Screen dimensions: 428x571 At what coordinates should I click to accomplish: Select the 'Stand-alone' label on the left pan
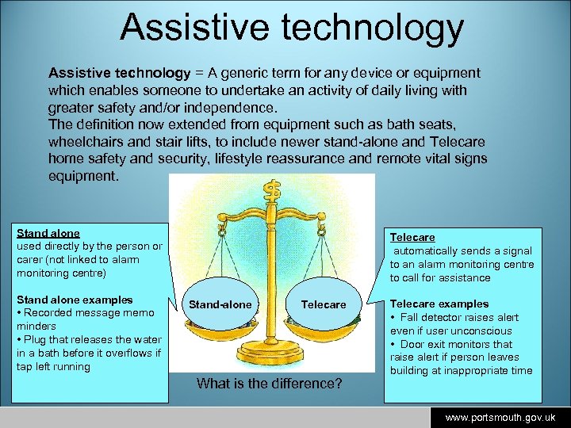tap(220, 304)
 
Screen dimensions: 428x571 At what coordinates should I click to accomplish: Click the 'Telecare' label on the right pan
tap(324, 304)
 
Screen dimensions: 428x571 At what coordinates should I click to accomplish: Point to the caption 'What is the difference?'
tap(269, 384)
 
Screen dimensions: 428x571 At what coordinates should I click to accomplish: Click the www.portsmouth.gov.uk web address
tap(500, 417)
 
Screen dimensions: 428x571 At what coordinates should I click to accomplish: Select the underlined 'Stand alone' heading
tap(48, 233)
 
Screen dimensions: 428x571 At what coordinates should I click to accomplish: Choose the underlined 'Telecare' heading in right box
tap(412, 237)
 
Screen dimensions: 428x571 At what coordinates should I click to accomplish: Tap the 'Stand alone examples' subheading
tap(75, 300)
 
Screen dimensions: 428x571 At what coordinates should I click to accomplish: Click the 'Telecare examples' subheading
tap(439, 304)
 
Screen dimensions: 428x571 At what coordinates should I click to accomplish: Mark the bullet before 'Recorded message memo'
tap(20, 313)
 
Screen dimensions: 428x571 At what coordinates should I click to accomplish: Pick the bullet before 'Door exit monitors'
tap(393, 344)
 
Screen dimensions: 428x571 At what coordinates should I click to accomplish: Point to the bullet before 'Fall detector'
tap(393, 317)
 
